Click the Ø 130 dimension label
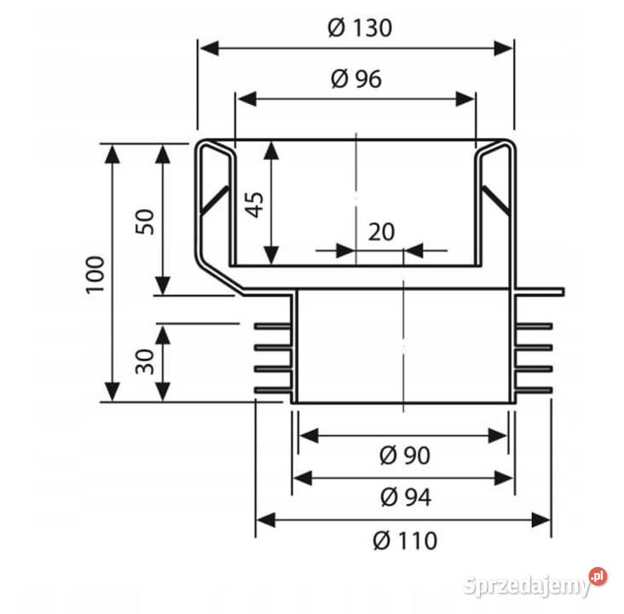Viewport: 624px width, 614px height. [x=360, y=28]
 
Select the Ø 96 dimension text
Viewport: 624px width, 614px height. [x=356, y=78]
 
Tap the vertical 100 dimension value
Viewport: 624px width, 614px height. [x=95, y=275]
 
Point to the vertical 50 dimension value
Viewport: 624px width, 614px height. [x=145, y=222]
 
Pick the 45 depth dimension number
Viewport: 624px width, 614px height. [x=254, y=205]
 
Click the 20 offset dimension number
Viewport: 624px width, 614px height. [x=381, y=232]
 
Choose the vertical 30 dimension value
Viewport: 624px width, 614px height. [x=145, y=362]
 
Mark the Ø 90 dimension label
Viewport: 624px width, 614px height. [x=405, y=455]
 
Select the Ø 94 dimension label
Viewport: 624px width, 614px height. [x=406, y=497]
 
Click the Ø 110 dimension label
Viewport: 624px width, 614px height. [x=405, y=541]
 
